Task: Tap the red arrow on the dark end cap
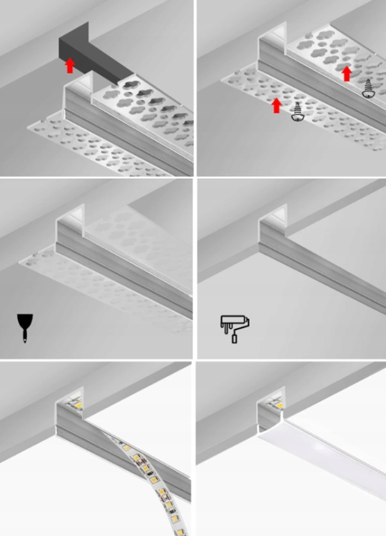(70, 66)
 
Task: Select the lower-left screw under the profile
(298, 111)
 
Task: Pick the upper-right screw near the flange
(369, 89)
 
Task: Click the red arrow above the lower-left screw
(277, 105)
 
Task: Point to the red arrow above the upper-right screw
(347, 73)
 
